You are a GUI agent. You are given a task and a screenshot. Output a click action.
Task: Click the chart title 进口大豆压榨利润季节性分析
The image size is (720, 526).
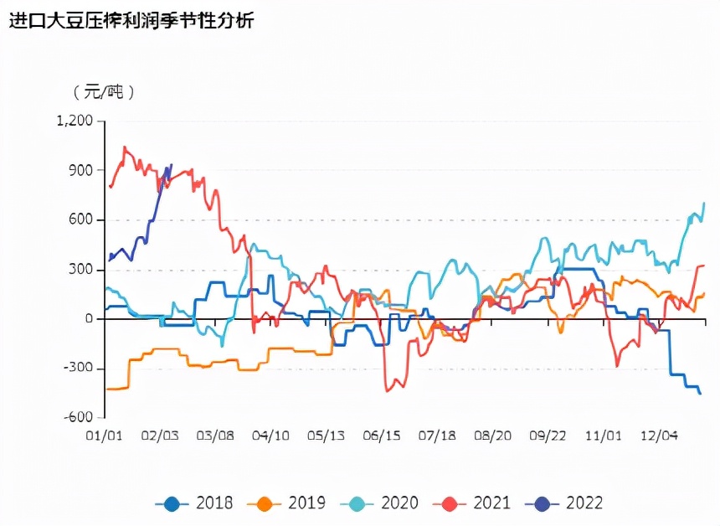131,21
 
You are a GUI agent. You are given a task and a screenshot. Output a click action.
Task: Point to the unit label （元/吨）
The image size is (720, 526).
104,91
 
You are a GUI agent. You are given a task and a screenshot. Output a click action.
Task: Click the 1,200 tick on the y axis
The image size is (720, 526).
75,121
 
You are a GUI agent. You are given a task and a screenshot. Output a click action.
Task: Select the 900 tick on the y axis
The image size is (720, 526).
80,170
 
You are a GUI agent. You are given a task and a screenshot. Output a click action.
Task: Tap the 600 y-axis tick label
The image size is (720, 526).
80,219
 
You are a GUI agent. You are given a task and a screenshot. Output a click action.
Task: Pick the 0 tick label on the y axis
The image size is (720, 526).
88,319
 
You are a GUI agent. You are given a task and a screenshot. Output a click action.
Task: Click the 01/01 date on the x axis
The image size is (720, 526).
105,436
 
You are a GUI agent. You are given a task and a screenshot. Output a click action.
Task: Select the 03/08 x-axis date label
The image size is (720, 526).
215,436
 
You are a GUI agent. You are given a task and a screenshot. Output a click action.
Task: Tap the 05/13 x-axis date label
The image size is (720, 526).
326,436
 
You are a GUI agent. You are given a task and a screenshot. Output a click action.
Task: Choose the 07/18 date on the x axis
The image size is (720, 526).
437,436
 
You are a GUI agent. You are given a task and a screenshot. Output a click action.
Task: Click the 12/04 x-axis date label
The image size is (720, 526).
659,436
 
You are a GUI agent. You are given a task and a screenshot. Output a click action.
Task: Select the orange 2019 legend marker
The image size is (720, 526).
264,503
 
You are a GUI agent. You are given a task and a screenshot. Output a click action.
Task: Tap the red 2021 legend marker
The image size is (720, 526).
449,503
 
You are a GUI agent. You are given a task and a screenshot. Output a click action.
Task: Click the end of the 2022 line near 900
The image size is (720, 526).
172,165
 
